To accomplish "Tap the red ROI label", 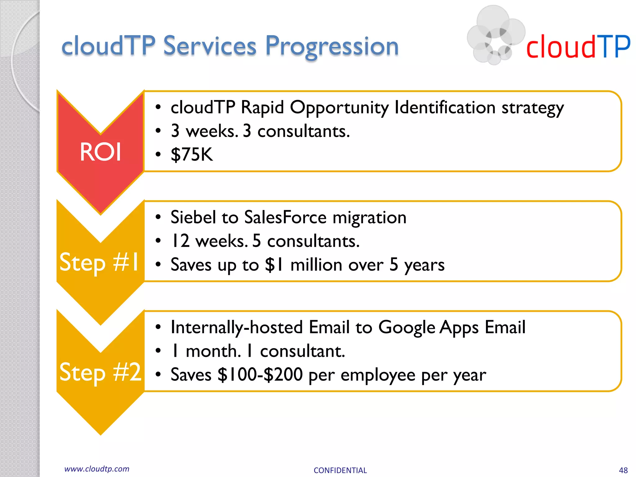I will coord(100,152).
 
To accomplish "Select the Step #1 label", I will coord(99,262).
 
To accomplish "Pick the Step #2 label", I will coord(100,372).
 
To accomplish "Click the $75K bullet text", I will coord(192,154).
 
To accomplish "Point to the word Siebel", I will coord(193,217).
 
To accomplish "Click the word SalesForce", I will coord(285,217).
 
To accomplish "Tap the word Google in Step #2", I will coord(407,327).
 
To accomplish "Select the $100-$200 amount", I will coord(260,375).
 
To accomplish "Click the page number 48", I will coord(623,470).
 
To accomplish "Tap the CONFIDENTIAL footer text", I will coord(340,470).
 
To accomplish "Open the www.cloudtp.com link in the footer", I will coord(97,469).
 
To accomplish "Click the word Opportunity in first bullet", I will coord(339,108).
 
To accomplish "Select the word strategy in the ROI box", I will coord(533,108).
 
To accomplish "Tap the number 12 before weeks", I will coord(180,241).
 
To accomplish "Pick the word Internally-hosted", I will coord(237,327).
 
